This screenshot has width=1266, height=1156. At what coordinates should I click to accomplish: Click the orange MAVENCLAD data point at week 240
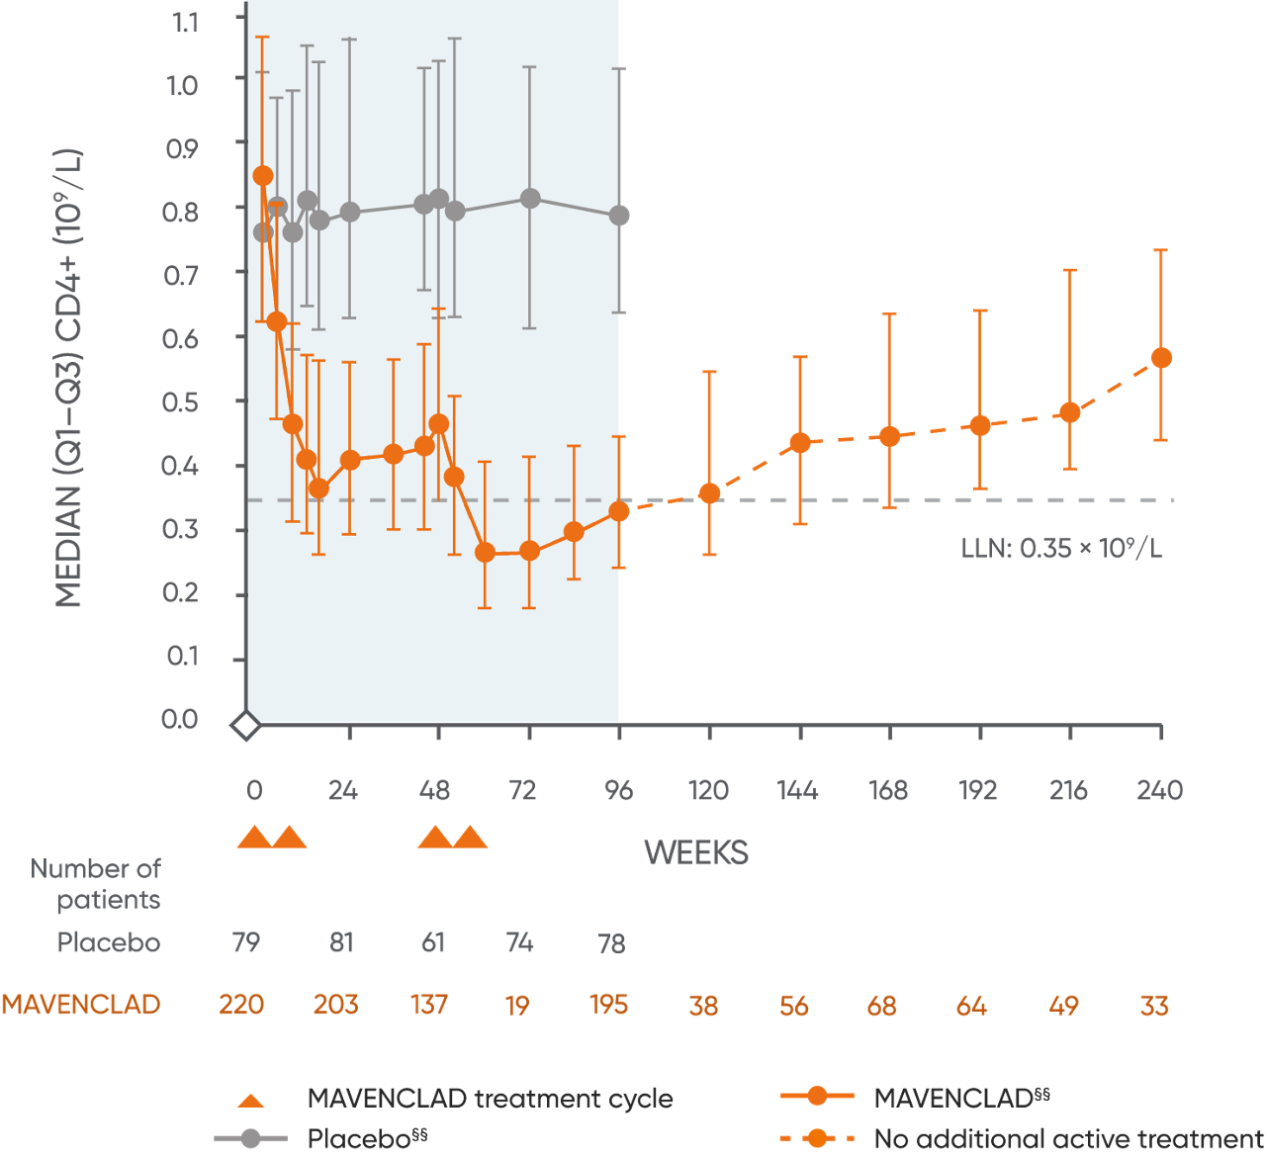coord(1161,358)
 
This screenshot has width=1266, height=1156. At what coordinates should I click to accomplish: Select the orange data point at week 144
coord(800,442)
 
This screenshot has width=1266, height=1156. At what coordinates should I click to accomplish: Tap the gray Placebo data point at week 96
coord(619,216)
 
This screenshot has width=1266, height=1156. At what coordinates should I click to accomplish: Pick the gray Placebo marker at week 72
coord(530,199)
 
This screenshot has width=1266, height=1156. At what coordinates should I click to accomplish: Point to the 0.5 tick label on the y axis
coord(180,402)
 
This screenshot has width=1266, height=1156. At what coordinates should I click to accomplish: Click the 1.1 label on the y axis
coord(183,22)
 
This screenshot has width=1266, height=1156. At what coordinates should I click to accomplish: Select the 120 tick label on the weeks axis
coord(708,790)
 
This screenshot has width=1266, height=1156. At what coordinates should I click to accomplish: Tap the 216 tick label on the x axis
coord(1068,790)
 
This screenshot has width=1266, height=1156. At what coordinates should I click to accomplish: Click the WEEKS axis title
coord(695,852)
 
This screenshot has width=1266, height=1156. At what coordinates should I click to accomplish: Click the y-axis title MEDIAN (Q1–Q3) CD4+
coord(69,379)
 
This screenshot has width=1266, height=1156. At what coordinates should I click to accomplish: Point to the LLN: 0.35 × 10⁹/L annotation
coord(1061,548)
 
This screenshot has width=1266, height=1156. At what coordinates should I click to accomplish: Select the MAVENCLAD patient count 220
coord(241,1005)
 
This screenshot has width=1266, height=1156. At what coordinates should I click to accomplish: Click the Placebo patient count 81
coord(341,942)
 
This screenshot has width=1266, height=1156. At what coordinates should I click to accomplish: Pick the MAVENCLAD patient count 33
coord(1154,1006)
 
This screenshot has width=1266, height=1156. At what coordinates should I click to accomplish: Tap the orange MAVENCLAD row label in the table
coord(81,1005)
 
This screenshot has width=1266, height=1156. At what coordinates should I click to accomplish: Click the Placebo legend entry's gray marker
coord(250,1139)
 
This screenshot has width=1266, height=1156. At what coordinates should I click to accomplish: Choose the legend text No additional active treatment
coord(1068,1139)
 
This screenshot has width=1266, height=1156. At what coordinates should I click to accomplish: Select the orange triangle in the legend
coord(252,1100)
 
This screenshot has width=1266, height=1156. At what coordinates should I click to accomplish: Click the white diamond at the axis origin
coord(245,727)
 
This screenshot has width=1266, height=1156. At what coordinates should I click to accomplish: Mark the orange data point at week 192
coord(980,425)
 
